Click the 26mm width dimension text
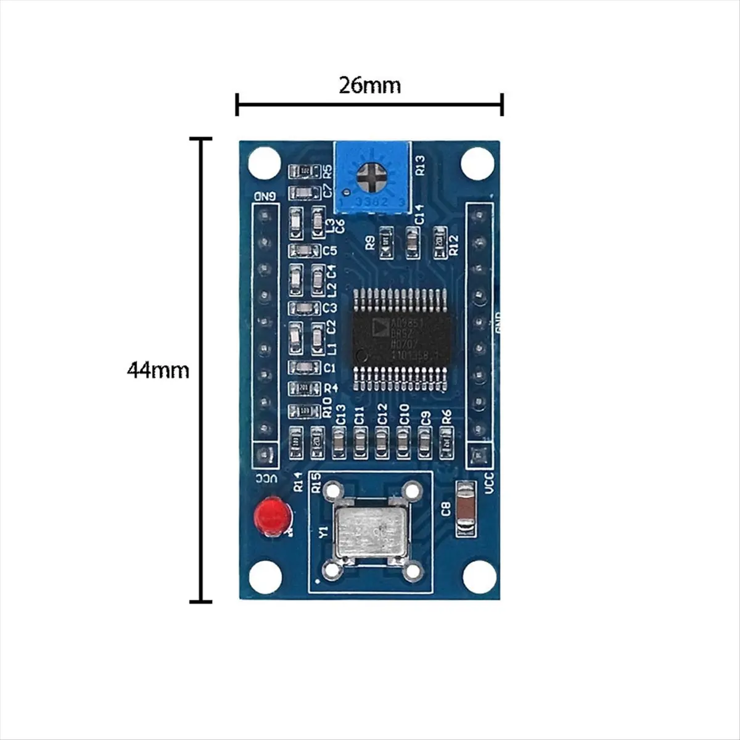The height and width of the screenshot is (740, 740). tap(369, 84)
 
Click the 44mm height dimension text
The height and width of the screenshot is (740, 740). tap(158, 370)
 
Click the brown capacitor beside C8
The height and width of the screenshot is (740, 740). tap(466, 509)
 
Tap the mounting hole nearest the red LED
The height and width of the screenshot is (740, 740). tap(264, 576)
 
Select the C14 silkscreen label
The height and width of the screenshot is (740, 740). tap(419, 214)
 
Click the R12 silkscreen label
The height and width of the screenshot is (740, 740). tap(454, 245)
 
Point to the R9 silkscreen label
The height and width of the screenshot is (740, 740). tap(370, 242)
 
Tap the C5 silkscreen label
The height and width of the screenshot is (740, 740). tap(329, 251)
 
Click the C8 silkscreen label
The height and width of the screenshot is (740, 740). tap(446, 509)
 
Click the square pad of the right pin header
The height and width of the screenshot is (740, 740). tap(477, 456)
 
